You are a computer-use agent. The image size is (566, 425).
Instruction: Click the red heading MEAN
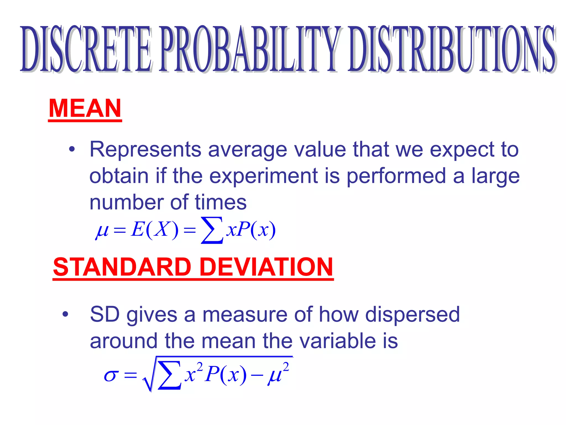[85, 108]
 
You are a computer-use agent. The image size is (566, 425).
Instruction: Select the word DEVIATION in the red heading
[266, 267]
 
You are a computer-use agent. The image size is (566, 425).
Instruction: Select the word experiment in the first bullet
[263, 176]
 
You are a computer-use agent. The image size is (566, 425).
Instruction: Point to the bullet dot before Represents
[72, 150]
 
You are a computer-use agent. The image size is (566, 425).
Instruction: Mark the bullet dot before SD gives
[65, 314]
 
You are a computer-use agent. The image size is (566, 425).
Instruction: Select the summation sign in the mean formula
[212, 230]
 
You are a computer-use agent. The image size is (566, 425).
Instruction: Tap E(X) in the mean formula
[155, 230]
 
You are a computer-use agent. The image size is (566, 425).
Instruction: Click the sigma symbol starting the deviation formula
[111, 376]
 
